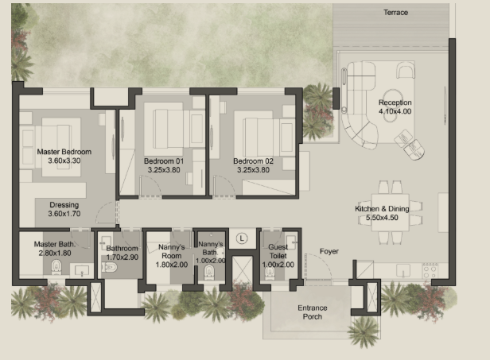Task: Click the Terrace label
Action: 395,13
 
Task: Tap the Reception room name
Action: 395,103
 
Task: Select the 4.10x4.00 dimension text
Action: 395,111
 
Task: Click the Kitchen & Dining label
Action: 382,208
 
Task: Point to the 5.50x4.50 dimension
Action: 382,218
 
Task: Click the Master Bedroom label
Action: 64,152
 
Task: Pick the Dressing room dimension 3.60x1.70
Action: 64,214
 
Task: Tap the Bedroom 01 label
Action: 164,161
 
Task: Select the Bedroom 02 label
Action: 253,161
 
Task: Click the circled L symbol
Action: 242,238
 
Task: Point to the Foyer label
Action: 329,251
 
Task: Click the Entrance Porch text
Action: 312,312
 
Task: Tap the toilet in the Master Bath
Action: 56,267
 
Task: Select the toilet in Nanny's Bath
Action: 208,273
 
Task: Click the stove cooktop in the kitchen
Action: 430,270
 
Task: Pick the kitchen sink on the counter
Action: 403,270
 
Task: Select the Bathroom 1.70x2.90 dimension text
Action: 122,257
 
